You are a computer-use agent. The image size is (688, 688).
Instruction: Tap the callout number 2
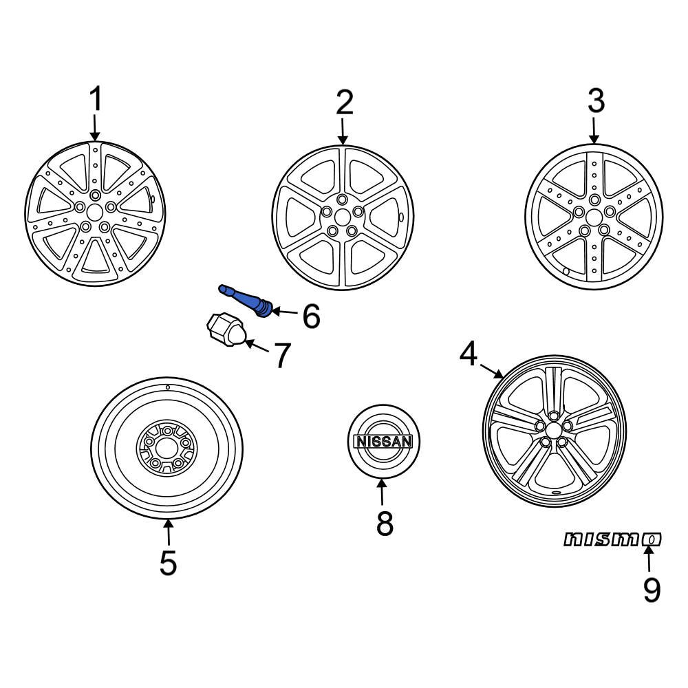[x=344, y=103]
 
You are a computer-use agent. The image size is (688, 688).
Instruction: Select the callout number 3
[x=595, y=101]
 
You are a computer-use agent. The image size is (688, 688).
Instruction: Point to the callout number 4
[x=469, y=355]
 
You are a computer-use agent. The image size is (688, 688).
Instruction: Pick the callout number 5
[x=168, y=563]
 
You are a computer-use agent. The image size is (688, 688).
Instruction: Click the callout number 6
[x=311, y=316]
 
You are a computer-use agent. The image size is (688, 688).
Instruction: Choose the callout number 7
[x=281, y=356]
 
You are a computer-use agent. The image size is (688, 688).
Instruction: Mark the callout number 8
[x=385, y=524]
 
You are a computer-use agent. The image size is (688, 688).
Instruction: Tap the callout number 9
[x=651, y=590]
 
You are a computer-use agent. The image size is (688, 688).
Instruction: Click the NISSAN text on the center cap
[x=383, y=442]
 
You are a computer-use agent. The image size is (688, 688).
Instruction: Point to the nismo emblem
[x=612, y=540]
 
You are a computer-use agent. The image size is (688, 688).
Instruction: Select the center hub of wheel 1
[x=95, y=211]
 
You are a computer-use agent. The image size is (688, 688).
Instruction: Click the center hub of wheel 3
[x=593, y=215]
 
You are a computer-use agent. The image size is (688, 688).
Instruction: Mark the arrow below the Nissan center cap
[x=383, y=494]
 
